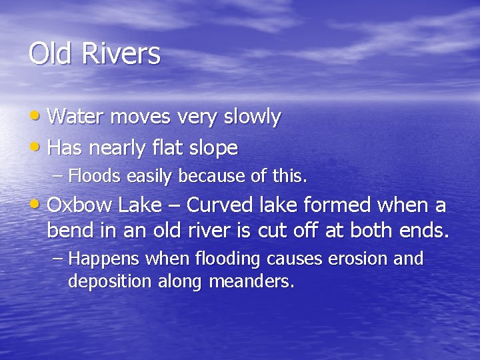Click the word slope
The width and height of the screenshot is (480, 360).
pos(214,149)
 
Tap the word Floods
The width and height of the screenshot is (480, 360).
pos(93,177)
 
